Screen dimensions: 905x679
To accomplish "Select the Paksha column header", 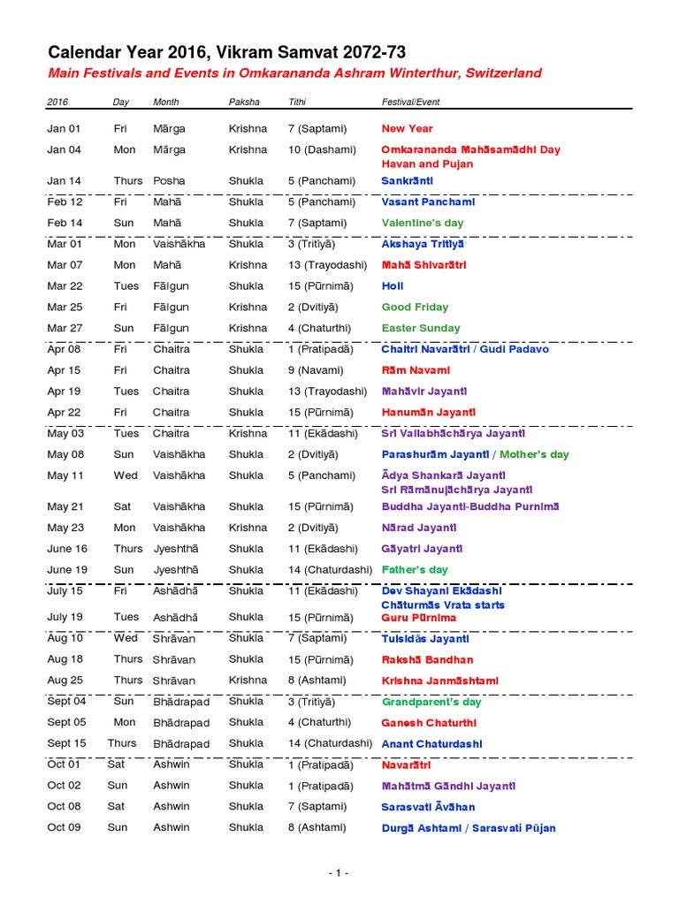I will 244,102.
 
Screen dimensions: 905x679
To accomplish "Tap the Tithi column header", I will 297,102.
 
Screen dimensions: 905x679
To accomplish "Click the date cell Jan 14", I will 64,181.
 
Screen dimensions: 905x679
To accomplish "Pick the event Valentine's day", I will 422,224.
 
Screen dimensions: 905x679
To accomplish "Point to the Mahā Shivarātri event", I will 423,265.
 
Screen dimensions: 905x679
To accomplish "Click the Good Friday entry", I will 415,308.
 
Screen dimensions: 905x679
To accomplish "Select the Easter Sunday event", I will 421,329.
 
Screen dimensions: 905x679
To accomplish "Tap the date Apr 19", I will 64,392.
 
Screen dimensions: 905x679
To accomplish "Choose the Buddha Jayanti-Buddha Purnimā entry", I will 458,507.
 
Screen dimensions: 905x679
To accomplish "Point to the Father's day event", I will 415,570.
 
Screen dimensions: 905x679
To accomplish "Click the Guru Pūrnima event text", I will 419,618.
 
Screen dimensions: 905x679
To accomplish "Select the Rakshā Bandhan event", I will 427,660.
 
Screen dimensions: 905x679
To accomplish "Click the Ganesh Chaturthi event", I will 428,723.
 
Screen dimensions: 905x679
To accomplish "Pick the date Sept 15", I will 66,744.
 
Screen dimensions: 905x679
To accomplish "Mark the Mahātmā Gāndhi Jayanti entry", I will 448,787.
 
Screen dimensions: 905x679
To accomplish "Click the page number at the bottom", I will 339,873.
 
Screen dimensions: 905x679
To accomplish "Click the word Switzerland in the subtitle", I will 500,73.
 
